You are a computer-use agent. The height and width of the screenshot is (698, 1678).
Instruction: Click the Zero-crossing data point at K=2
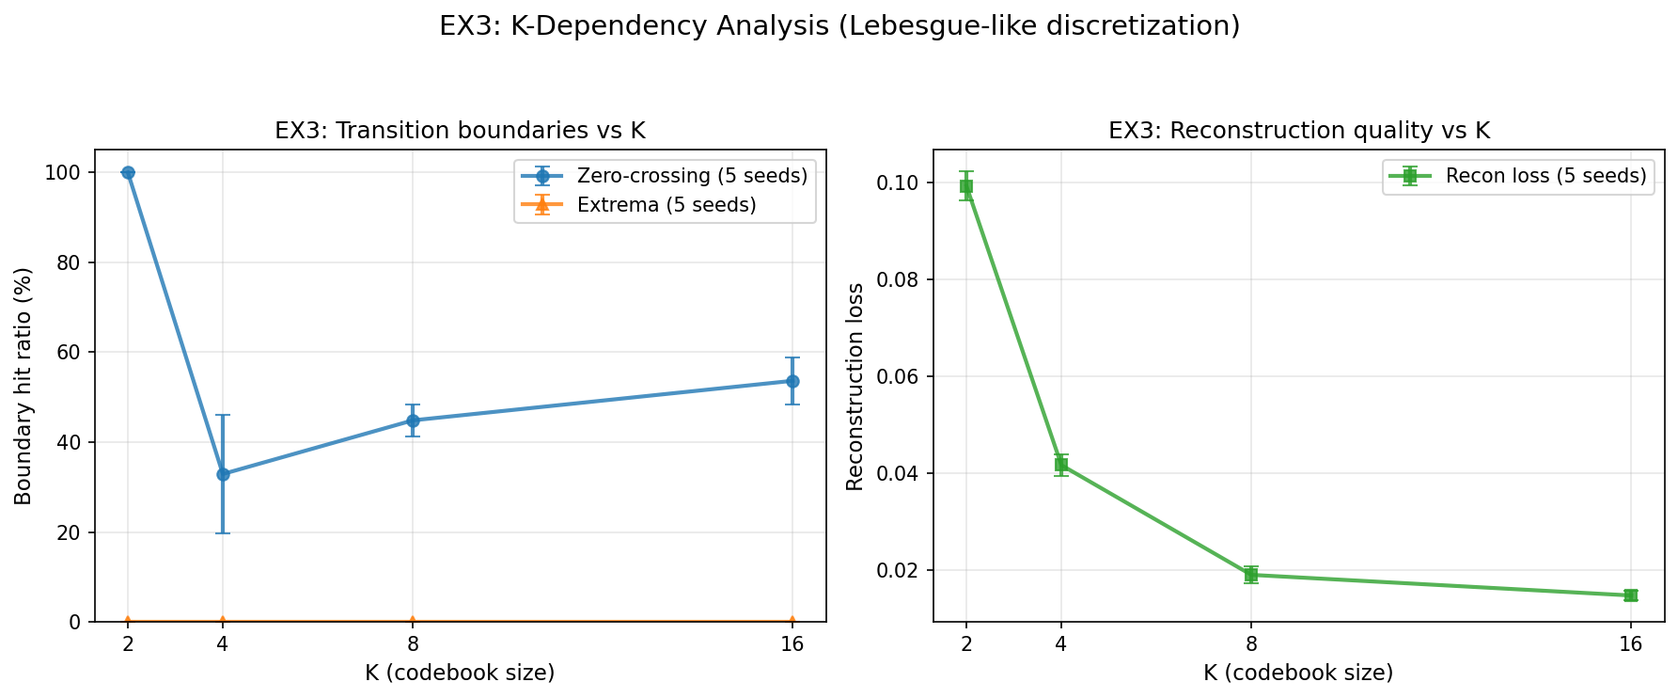128,172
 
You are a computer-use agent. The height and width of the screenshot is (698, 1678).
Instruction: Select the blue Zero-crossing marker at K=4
223,474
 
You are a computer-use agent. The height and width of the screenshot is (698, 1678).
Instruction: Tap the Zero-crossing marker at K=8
413,420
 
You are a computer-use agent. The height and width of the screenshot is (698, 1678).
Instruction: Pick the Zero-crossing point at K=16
792,381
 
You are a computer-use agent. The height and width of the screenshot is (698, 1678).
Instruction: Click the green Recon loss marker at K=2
966,186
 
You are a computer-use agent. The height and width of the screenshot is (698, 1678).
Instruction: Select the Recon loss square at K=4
1061,464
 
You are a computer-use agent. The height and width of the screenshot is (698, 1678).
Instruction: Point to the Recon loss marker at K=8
1251,575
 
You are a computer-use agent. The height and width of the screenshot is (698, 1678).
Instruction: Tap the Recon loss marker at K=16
1631,595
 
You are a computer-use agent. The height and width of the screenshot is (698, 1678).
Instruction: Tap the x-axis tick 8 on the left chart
413,644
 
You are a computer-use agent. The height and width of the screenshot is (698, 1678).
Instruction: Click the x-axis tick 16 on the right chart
1631,644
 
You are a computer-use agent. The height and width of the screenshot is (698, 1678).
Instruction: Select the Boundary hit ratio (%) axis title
24,386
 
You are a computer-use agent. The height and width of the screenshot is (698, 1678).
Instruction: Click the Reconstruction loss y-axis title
855,386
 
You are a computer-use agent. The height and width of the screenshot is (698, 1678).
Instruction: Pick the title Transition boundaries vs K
460,131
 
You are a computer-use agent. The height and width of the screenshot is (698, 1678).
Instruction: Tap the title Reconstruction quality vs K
1299,131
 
